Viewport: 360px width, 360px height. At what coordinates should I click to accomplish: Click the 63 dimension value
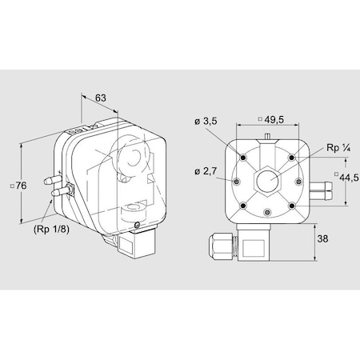(x=101, y=98)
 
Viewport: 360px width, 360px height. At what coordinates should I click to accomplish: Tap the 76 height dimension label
(x=21, y=186)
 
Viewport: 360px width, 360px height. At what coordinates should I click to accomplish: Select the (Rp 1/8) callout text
(x=51, y=229)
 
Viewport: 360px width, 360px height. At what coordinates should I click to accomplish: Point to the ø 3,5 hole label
(x=206, y=121)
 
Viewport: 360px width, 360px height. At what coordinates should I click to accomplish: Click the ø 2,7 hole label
(x=206, y=171)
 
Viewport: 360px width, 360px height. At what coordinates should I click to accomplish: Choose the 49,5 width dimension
(x=274, y=120)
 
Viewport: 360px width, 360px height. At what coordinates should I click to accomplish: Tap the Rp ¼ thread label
(x=338, y=147)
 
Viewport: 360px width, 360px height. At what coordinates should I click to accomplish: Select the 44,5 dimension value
(x=349, y=178)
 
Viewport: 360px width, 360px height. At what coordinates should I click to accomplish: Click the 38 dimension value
(x=322, y=238)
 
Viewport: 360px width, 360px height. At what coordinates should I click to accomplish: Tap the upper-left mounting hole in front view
(x=243, y=158)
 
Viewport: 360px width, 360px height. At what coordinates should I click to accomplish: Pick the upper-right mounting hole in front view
(x=292, y=158)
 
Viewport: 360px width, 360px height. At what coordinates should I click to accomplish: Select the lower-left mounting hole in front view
(x=243, y=206)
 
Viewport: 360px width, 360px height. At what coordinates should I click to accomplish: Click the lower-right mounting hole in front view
(x=292, y=206)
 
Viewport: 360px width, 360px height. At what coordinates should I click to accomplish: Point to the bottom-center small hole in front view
(x=267, y=212)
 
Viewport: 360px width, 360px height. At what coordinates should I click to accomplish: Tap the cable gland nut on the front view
(x=220, y=246)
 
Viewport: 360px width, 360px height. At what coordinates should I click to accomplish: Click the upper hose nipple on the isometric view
(x=51, y=180)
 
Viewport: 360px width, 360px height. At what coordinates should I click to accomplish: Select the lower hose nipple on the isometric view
(x=59, y=191)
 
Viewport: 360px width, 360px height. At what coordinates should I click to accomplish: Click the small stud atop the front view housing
(x=267, y=136)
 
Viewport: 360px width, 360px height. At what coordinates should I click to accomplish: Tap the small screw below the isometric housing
(x=137, y=225)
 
